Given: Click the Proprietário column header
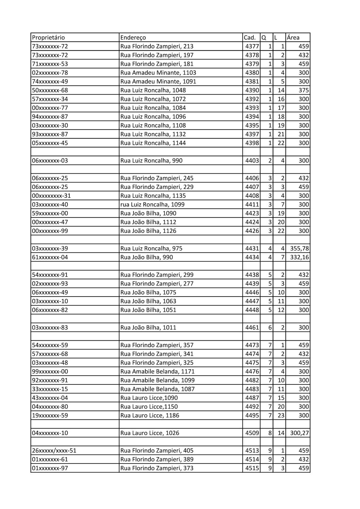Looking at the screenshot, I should pyautogui.click(x=48, y=38).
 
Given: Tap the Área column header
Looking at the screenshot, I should pyautogui.click(x=293, y=38).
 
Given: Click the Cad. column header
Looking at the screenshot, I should pyautogui.click(x=250, y=38).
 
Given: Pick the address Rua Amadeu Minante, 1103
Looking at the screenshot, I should pyautogui.click(x=158, y=73).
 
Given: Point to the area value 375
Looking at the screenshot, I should pyautogui.click(x=304, y=90).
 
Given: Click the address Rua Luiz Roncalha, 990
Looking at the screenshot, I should pyautogui.click(x=151, y=161).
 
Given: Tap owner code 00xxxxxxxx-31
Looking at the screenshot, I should pyautogui.click(x=51, y=196).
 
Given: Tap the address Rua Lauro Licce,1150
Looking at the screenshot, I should pyautogui.click(x=149, y=407).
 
